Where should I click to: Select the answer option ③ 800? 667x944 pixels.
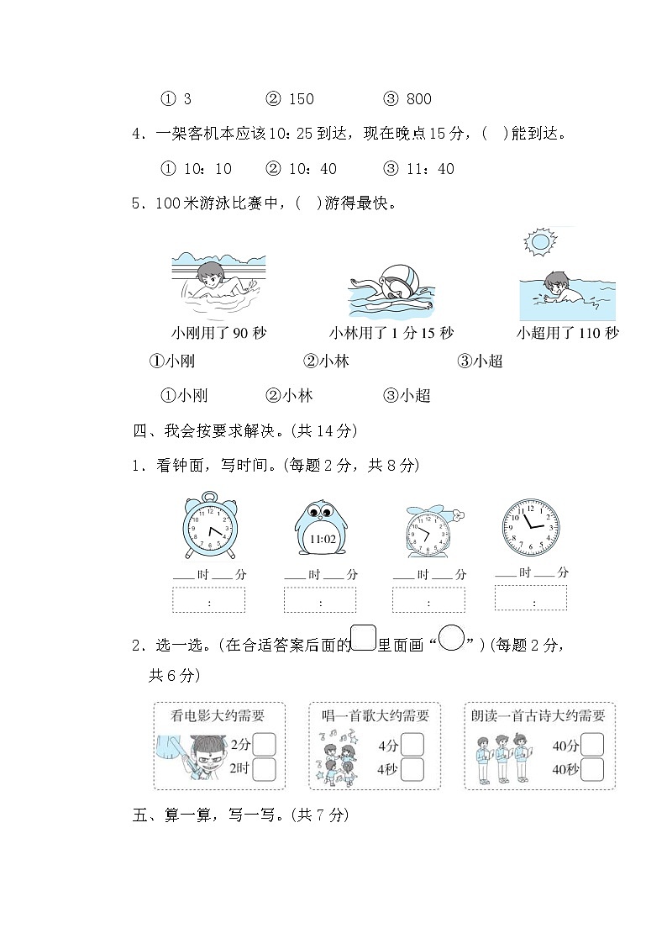tap(407, 99)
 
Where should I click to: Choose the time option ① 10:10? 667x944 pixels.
tap(195, 169)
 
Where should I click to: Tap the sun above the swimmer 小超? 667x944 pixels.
tap(537, 243)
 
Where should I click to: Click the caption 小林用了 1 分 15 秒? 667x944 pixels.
tap(391, 334)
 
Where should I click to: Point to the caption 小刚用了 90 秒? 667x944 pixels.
tap(218, 334)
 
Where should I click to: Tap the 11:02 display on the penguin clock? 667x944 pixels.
tap(323, 539)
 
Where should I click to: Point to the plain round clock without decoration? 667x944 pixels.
tap(529, 527)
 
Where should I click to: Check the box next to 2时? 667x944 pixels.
tap(265, 769)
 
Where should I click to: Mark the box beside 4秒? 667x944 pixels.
tap(412, 769)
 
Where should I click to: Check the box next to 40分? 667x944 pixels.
tap(592, 745)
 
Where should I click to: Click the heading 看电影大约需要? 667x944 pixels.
tap(218, 716)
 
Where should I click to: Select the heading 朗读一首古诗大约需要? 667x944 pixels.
tap(538, 716)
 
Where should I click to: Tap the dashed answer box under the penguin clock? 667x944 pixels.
tap(320, 600)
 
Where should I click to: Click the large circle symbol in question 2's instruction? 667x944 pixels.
tap(452, 641)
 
